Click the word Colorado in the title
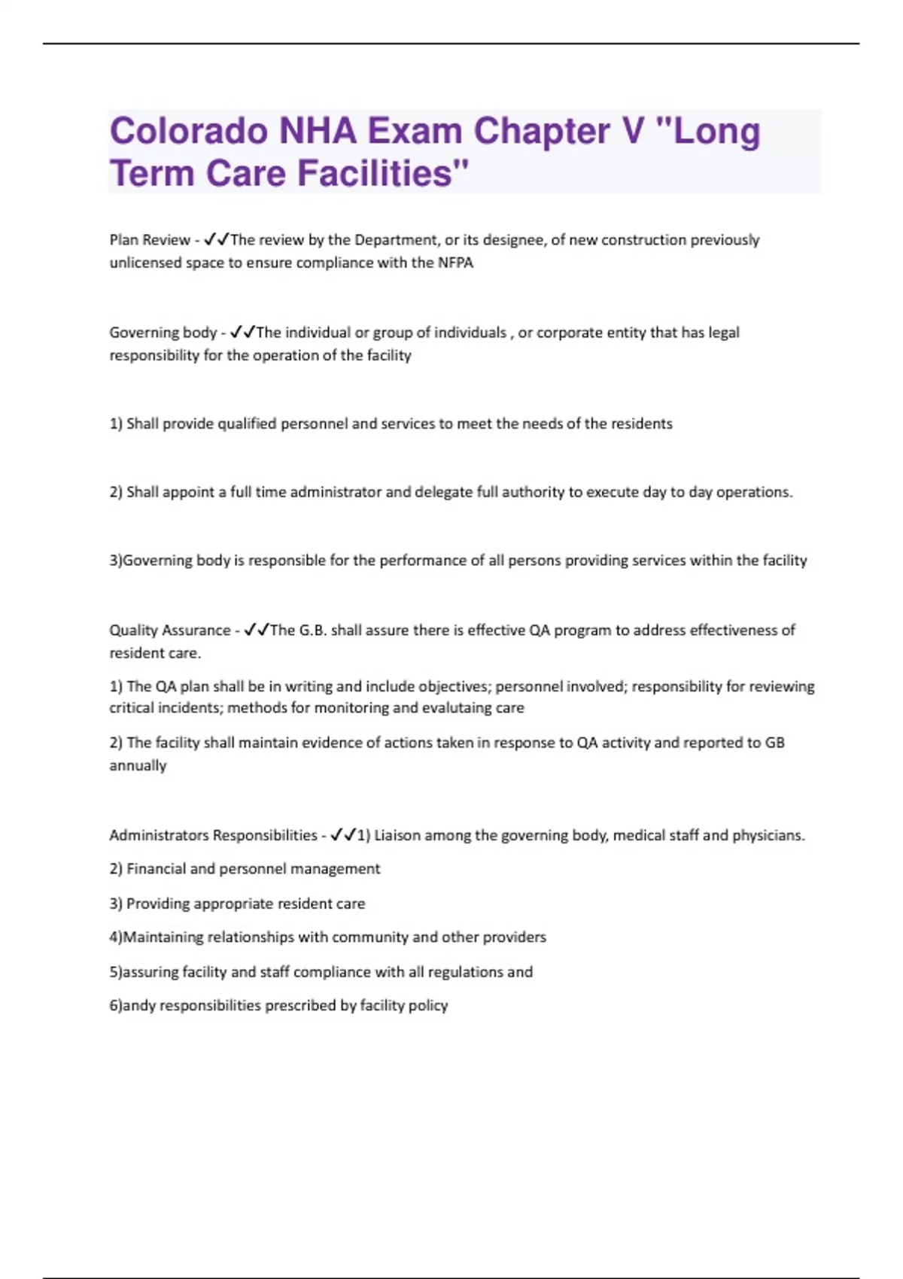[x=189, y=131]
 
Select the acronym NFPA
[x=455, y=263]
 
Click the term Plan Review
[x=150, y=240]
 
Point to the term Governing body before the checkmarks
[x=163, y=333]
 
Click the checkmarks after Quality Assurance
[x=257, y=630]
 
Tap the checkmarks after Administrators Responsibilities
[x=342, y=835]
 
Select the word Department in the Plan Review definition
[x=395, y=240]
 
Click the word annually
[x=138, y=766]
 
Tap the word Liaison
[x=397, y=835]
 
